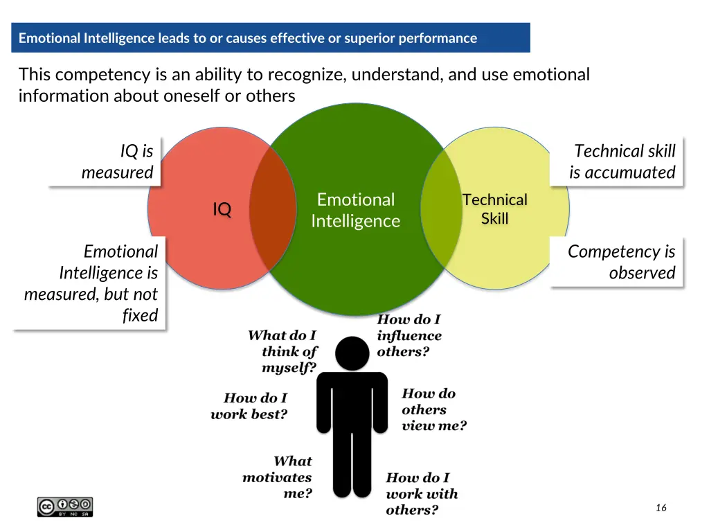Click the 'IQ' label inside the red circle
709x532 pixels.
tap(222, 209)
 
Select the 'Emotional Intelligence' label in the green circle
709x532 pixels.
tap(355, 211)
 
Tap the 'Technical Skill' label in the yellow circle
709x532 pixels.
tap(494, 209)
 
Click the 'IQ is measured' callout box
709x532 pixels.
tap(117, 161)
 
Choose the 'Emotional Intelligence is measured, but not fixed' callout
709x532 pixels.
tap(91, 283)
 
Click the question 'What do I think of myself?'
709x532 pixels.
tap(282, 351)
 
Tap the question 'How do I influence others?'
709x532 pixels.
tap(409, 335)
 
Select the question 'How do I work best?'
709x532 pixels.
tap(250, 407)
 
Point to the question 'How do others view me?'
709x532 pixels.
tap(433, 409)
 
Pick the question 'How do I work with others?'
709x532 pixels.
tap(421, 494)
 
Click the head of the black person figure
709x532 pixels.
tap(352, 354)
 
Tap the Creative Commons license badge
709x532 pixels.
tap(65, 506)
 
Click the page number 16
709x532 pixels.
tap(661, 508)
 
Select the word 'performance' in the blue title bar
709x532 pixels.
tap(440, 38)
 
